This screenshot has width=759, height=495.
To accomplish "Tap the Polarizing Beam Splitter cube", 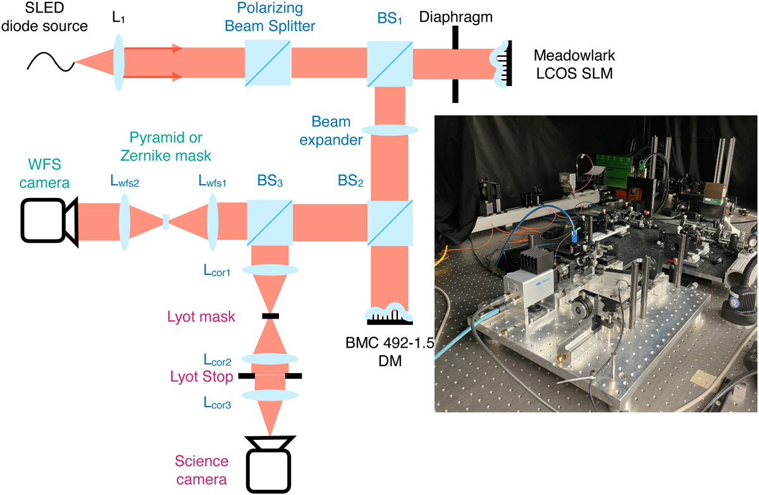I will [268, 62].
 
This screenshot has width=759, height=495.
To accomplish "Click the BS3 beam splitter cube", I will [269, 223].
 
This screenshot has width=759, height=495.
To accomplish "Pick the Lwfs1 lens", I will [213, 223].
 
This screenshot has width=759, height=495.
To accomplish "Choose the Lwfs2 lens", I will [124, 223].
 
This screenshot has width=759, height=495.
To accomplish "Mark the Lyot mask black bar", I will [269, 315].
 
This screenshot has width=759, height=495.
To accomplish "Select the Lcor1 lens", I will [269, 269].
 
